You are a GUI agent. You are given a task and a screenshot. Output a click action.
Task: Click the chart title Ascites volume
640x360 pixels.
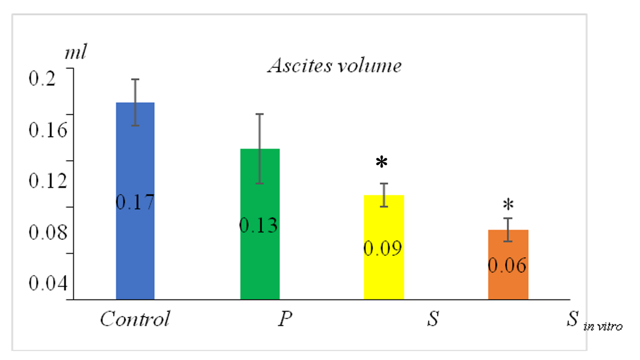(x=334, y=66)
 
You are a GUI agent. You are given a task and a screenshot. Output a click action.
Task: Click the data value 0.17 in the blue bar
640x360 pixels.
(x=135, y=202)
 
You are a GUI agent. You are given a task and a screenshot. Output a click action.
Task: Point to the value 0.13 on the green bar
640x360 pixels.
(x=259, y=225)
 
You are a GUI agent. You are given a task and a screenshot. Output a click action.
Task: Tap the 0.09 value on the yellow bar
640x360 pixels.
(x=383, y=249)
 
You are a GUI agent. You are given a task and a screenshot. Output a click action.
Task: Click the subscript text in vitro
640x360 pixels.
(x=602, y=327)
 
